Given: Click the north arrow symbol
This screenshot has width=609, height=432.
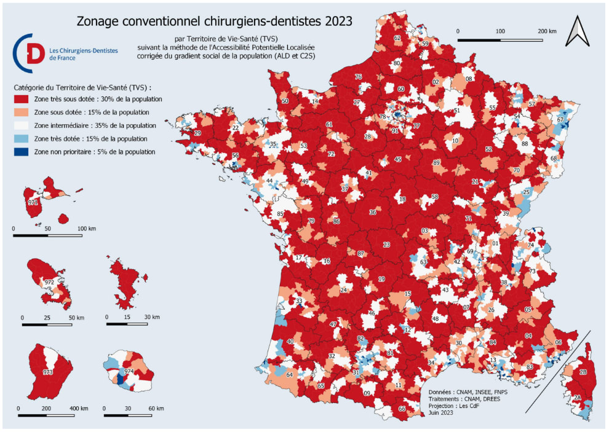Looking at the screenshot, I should point(578,31).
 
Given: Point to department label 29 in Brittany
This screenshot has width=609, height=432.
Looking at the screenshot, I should point(197,133).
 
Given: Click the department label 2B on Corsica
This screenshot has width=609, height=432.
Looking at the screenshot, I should point(583,372).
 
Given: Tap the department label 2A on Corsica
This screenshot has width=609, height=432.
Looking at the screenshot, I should point(577,398).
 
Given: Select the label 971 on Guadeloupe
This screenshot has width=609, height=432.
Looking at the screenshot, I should point(33,202).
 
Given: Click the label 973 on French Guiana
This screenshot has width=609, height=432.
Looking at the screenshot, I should point(48,372).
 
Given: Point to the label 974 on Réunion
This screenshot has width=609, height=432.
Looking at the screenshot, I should point(129,372).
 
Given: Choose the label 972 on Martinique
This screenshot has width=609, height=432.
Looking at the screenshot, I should point(49,282).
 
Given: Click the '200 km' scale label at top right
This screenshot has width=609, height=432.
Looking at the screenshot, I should point(547,31).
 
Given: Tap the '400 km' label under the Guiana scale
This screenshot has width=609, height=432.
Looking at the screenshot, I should point(81,409).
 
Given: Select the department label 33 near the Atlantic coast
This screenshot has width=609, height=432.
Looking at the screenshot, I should point(299,302).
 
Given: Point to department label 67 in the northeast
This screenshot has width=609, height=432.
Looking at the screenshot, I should point(560,120).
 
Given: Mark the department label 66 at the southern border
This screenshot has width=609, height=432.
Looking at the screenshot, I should point(402,409).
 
